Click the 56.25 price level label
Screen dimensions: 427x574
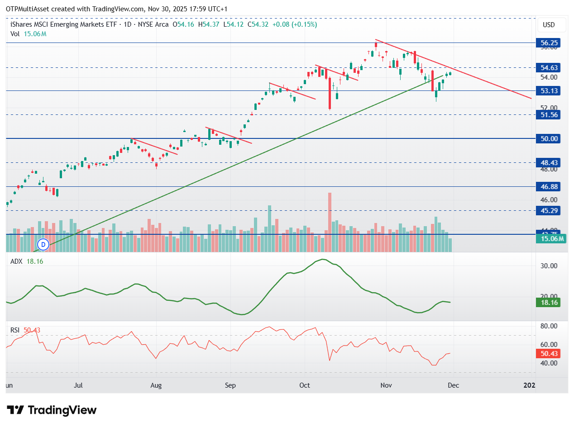coord(548,43)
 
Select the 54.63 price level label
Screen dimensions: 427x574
coord(548,67)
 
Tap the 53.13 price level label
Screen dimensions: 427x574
coord(548,90)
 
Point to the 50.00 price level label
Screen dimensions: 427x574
coord(548,138)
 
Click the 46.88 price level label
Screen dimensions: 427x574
coord(548,186)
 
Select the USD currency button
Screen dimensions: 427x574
coord(548,25)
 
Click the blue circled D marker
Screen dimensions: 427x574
coord(43,244)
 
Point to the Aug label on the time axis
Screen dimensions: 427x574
coord(156,385)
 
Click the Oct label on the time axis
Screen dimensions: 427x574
coord(305,385)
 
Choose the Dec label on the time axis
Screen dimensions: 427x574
coord(454,385)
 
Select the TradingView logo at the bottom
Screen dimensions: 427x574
coord(53,410)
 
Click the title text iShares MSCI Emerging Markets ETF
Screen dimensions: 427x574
coord(63,24)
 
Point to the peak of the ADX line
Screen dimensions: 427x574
coord(322,259)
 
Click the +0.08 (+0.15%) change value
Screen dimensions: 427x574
coord(294,24)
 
